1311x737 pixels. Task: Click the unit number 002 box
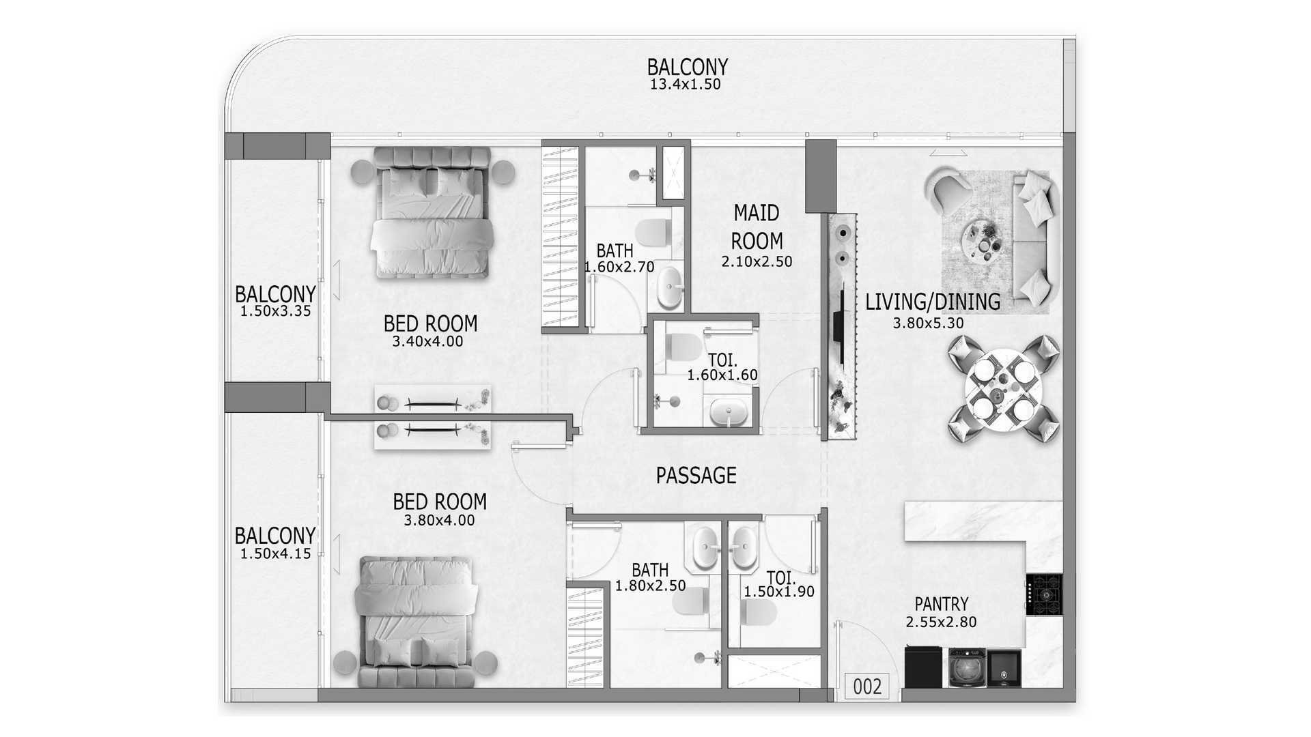[867, 686]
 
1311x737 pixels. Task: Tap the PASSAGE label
[696, 476]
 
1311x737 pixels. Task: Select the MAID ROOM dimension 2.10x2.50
[757, 261]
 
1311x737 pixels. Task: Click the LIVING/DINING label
[933, 302]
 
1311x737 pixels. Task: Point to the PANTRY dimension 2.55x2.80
[941, 622]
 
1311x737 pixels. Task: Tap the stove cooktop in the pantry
[1044, 594]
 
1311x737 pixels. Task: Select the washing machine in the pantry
[967, 667]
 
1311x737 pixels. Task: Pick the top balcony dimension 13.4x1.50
[685, 85]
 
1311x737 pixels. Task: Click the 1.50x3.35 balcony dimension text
[275, 311]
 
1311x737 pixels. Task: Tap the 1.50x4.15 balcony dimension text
[275, 554]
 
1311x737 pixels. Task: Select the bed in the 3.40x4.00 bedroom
[432, 213]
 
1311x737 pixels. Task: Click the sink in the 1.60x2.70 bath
[669, 287]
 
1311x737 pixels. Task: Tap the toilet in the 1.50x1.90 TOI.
[757, 613]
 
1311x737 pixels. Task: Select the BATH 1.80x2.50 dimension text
[650, 586]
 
